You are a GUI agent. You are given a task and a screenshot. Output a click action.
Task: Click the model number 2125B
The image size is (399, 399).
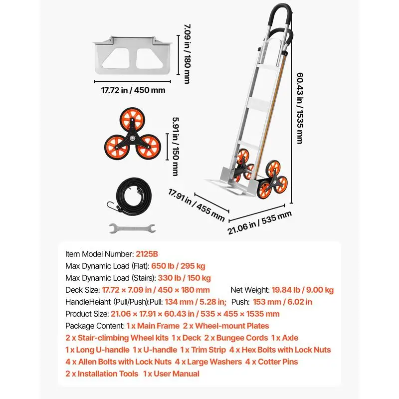(x=147, y=254)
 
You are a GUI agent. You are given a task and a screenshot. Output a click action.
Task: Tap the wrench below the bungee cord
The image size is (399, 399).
(x=132, y=228)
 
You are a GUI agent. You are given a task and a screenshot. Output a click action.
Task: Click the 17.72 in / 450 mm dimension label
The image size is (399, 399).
(x=133, y=90)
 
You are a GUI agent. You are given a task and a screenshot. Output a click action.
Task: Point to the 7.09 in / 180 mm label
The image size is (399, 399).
(x=188, y=54)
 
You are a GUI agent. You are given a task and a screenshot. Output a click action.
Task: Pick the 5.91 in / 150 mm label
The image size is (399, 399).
(x=176, y=147)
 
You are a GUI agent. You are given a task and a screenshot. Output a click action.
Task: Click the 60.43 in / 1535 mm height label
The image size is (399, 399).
(x=300, y=108)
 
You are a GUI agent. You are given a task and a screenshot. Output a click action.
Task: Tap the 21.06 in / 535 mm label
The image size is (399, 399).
(x=259, y=222)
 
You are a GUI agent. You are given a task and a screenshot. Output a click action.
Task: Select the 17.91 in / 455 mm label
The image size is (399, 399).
(x=197, y=205)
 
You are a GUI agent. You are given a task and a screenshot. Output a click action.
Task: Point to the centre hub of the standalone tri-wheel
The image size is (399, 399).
(x=132, y=138)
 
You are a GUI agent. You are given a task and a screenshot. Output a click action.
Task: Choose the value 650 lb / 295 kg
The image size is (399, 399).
(x=178, y=266)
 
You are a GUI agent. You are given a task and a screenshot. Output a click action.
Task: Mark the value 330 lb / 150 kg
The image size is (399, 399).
(x=184, y=278)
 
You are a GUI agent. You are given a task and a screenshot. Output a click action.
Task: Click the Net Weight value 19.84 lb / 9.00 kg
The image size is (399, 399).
(x=303, y=290)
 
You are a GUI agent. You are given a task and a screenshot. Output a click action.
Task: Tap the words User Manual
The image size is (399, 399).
(x=177, y=374)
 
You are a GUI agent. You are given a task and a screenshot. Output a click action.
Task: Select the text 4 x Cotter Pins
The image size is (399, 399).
(x=271, y=362)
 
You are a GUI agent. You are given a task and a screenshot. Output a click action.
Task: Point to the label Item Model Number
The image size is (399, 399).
(x=99, y=254)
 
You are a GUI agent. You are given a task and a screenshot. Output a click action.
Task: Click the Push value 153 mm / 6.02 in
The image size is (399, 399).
(x=282, y=302)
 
